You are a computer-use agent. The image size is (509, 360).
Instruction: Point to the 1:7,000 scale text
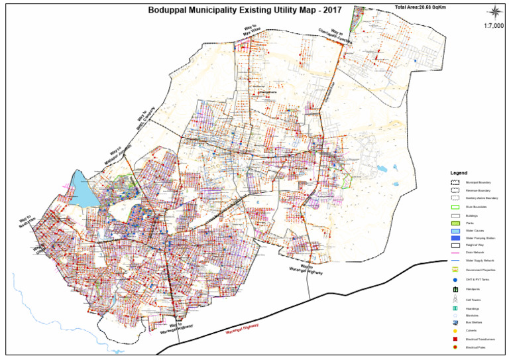click(x=493, y=26)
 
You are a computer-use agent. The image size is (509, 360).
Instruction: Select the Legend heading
click(x=459, y=172)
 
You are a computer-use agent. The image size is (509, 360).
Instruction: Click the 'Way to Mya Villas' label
click(x=252, y=29)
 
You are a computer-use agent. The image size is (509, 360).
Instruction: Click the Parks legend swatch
click(x=455, y=223)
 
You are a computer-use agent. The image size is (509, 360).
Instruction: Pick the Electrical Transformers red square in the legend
click(x=455, y=339)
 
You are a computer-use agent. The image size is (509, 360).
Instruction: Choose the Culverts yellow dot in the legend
click(x=455, y=331)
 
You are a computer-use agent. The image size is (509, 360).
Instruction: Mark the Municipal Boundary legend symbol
click(x=455, y=182)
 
